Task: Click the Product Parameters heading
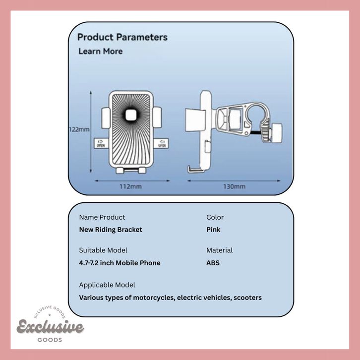(122, 37)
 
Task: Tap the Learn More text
(100, 51)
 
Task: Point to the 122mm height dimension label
(79, 129)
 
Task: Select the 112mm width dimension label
(130, 186)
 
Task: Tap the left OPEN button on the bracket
(101, 143)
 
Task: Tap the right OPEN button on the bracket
(162, 143)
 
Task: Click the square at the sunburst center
(131, 116)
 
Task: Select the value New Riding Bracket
(111, 230)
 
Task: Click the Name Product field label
(102, 217)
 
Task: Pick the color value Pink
(213, 230)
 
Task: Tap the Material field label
(219, 250)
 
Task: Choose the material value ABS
(213, 263)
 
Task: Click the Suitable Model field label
(103, 250)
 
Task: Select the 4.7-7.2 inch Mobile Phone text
(120, 263)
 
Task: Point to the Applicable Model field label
(107, 285)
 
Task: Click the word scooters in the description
(244, 298)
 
